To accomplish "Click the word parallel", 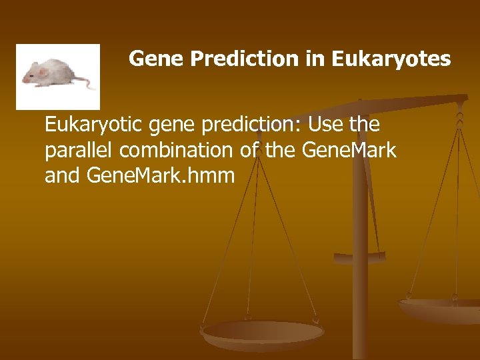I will (73, 151).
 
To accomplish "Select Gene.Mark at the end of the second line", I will (349, 151).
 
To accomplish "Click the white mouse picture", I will (57, 75).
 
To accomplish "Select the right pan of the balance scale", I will (440, 307).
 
